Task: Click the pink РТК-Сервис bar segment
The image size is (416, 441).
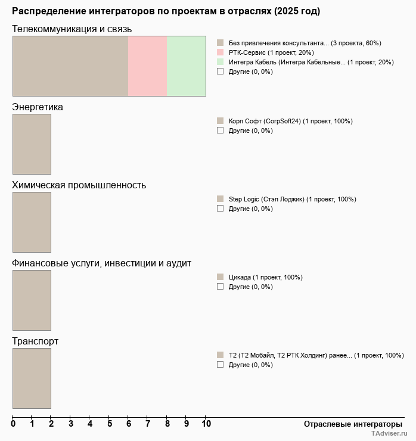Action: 147,66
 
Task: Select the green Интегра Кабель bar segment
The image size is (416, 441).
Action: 186,66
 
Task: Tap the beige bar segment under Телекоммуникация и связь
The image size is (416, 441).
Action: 70,66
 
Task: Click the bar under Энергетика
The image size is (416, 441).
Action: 32,144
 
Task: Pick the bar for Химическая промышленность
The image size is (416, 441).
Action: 32,222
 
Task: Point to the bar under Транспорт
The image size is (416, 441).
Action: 32,378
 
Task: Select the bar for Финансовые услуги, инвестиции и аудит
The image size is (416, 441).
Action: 32,300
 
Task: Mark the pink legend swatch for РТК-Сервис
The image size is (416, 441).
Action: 220,52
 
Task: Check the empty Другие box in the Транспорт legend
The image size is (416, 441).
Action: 220,364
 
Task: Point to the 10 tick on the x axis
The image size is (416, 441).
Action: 206,424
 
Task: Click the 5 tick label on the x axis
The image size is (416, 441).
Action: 109,424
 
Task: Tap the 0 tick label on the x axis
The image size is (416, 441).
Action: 13,424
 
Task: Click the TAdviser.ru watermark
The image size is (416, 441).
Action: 389,434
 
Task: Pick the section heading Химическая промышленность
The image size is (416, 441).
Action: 79,185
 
